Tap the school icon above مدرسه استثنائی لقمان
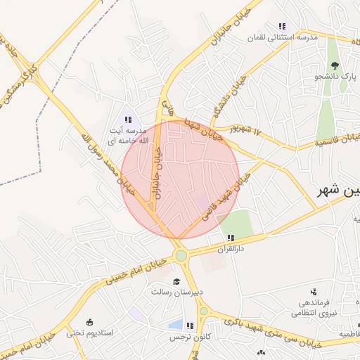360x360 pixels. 282,26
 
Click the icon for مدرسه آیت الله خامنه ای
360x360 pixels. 128,120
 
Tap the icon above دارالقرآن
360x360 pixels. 231,238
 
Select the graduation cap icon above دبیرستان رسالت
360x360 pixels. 175,282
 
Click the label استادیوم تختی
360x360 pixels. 85,333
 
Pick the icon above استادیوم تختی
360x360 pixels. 90,321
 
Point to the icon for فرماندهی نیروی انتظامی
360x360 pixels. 312,292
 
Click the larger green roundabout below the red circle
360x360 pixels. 181,256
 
